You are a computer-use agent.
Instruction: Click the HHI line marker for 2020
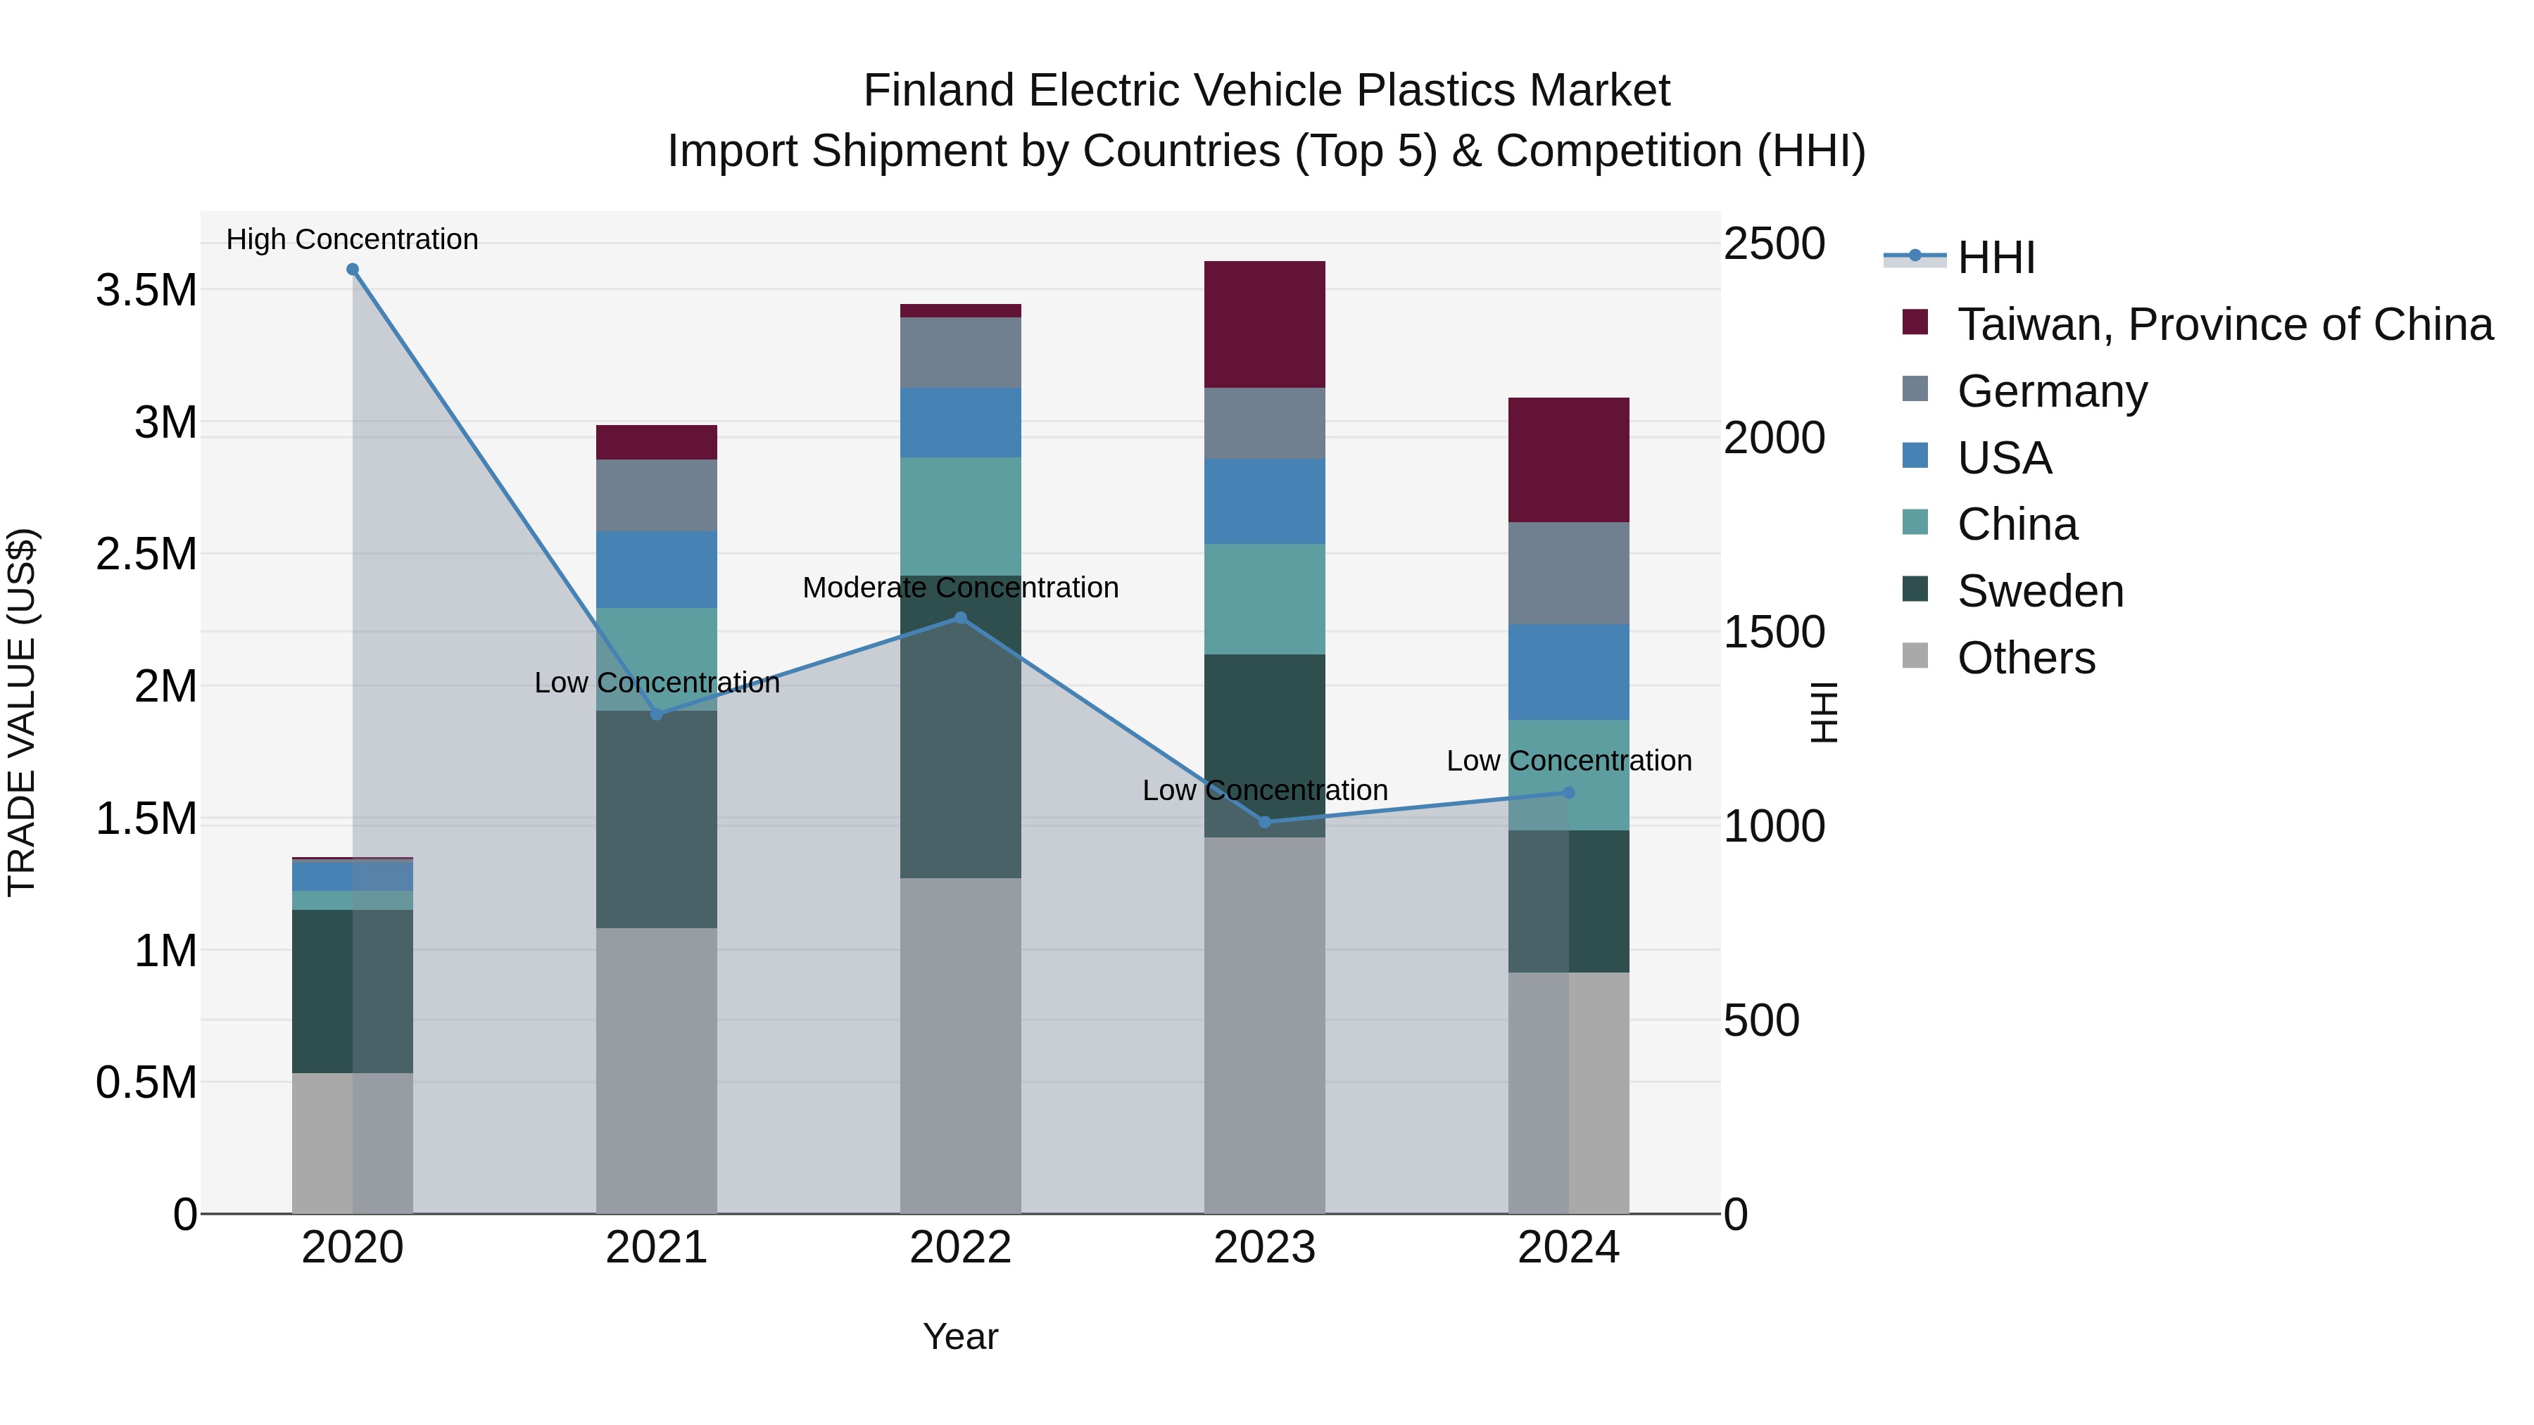pyautogui.click(x=352, y=270)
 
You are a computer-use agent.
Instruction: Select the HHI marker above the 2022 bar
pyautogui.click(x=961, y=618)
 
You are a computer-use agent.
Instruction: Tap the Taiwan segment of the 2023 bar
pyautogui.click(x=1264, y=324)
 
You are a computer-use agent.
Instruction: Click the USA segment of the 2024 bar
pyautogui.click(x=1568, y=672)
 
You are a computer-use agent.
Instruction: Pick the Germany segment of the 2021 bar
pyautogui.click(x=656, y=495)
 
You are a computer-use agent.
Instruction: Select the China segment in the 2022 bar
pyautogui.click(x=960, y=517)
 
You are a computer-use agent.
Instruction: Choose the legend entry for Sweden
pyautogui.click(x=2039, y=591)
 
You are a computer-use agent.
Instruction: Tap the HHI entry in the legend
pyautogui.click(x=1995, y=258)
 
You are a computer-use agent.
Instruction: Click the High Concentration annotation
pyautogui.click(x=352, y=239)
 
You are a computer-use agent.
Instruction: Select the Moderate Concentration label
pyautogui.click(x=960, y=587)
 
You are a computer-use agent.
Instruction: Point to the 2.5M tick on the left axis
pyautogui.click(x=146, y=555)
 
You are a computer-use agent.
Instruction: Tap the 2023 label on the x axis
pyautogui.click(x=1264, y=1248)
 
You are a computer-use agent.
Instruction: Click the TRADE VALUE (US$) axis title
pyautogui.click(x=22, y=712)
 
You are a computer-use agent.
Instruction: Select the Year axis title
pyautogui.click(x=960, y=1336)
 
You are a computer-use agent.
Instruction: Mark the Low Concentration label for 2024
pyautogui.click(x=1568, y=760)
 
